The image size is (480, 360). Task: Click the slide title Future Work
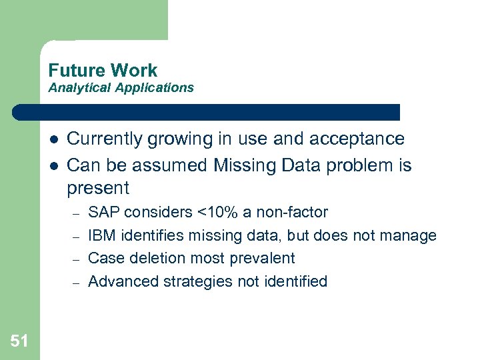click(x=103, y=70)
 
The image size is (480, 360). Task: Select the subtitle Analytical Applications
click(x=121, y=87)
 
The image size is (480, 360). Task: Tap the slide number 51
click(x=19, y=341)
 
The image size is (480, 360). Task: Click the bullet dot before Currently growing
click(x=51, y=140)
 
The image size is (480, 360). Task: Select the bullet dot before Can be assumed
click(x=51, y=165)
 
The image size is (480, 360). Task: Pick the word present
click(x=98, y=188)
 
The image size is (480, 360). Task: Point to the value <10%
click(x=219, y=213)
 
